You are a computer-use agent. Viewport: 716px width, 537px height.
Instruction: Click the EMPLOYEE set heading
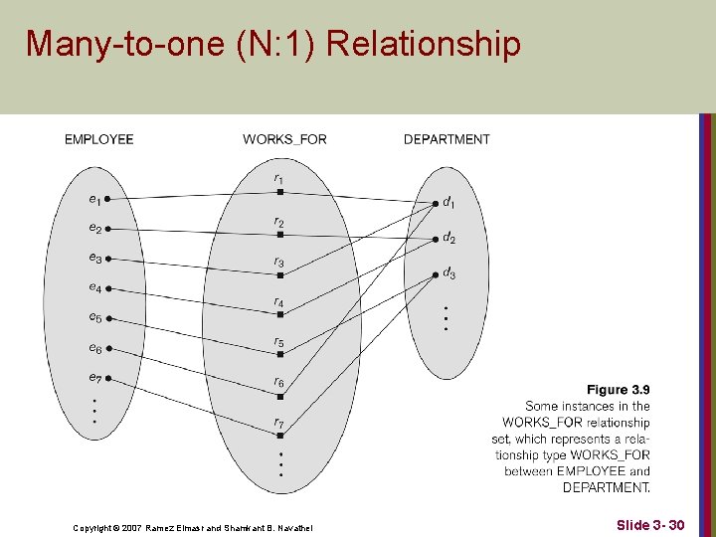[x=98, y=139]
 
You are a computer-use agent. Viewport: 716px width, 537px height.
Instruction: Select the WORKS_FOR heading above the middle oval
[x=284, y=139]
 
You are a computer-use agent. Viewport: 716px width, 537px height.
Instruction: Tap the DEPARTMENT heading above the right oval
[x=447, y=139]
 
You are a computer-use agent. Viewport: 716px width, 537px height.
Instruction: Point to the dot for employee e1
[x=107, y=199]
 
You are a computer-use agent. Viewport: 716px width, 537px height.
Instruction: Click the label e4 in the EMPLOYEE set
[x=94, y=288]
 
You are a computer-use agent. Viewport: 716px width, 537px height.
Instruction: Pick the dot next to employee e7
[x=107, y=378]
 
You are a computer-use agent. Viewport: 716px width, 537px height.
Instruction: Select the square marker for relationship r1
[x=280, y=192]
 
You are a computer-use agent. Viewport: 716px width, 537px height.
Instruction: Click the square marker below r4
[x=280, y=314]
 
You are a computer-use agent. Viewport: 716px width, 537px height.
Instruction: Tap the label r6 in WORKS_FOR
[x=279, y=383]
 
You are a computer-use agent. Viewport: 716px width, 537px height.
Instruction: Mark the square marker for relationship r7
[x=280, y=436]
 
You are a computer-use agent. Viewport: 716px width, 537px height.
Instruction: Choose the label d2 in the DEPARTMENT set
[x=449, y=239]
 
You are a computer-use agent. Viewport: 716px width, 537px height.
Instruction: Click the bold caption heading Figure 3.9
[x=618, y=390]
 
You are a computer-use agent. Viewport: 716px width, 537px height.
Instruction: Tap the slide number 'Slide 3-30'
[x=649, y=523]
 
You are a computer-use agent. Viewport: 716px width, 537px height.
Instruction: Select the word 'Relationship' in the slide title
[x=424, y=44]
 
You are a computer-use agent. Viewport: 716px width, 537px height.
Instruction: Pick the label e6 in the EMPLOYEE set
[x=94, y=348]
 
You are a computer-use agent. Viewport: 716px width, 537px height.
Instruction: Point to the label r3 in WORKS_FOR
[x=279, y=263]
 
